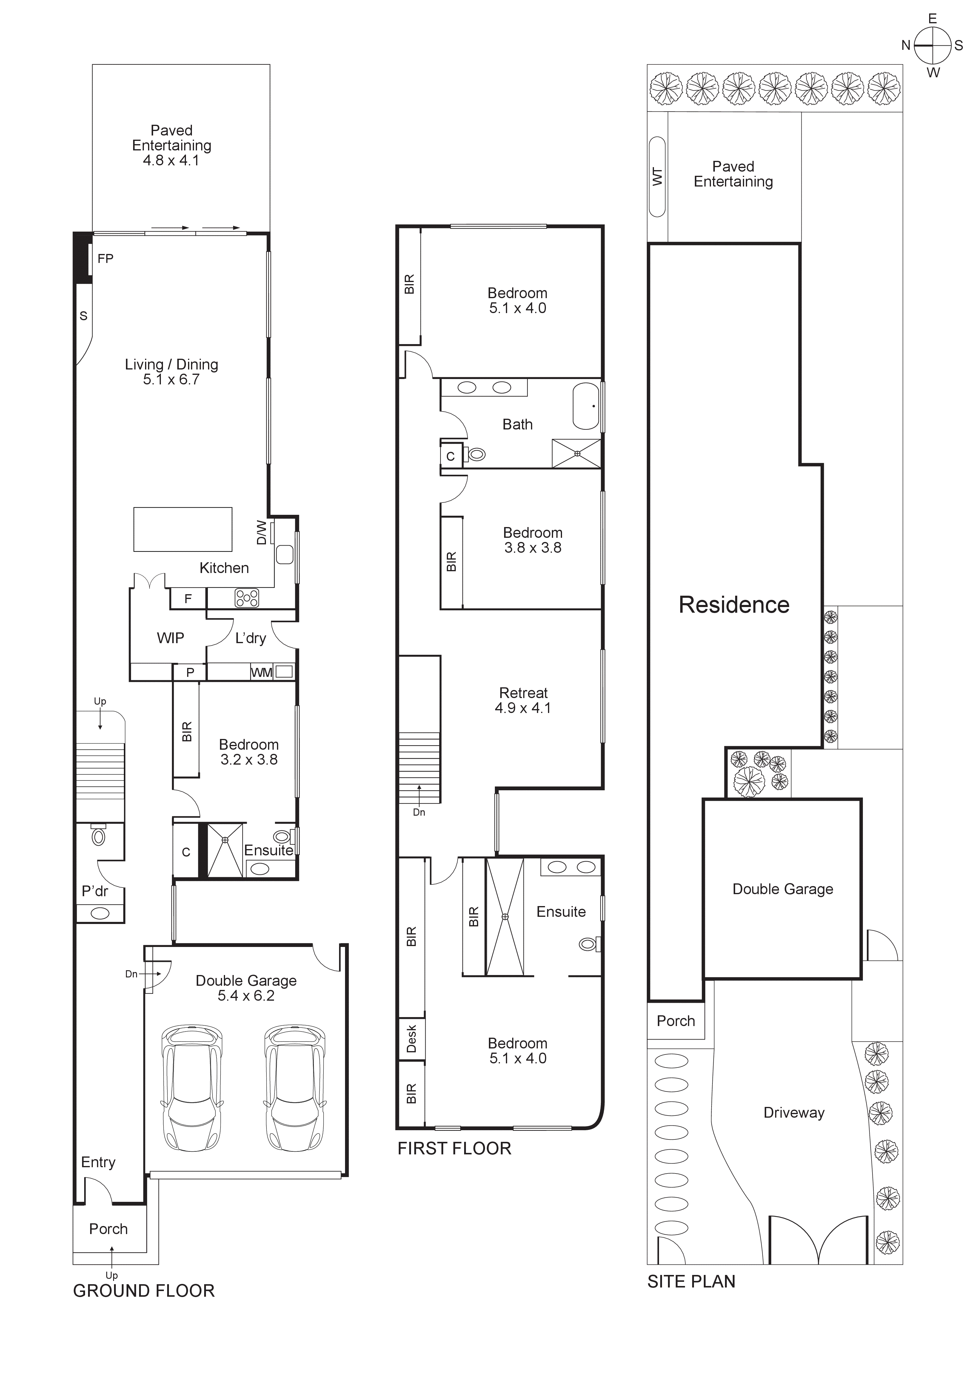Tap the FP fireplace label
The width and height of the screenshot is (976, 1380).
105,258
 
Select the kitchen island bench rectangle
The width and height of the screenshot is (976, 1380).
183,529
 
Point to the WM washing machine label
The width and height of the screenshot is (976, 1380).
261,673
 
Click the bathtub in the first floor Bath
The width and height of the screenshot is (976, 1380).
586,406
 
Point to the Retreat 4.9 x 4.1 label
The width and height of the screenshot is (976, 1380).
523,700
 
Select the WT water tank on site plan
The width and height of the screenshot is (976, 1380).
658,177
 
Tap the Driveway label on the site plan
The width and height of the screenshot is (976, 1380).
794,1113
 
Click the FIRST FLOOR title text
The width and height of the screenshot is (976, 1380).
454,1149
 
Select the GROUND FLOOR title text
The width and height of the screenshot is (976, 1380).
144,1291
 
